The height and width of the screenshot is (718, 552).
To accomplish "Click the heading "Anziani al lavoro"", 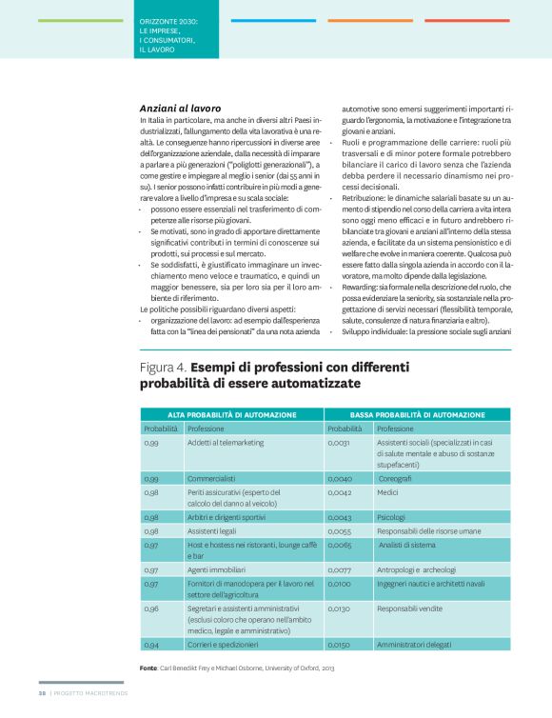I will pyautogui.click(x=181, y=109).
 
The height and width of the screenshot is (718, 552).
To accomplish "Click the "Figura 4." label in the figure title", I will pyautogui.click(x=163, y=366).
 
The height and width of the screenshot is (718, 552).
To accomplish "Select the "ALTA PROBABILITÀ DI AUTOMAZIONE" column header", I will pyautogui.click(x=232, y=415).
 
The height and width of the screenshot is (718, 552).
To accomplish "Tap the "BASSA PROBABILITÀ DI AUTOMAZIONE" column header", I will pyautogui.click(x=420, y=415).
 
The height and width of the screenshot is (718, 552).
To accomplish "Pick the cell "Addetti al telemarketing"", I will pyautogui.click(x=226, y=443).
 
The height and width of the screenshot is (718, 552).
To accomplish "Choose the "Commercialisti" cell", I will pyautogui.click(x=211, y=478).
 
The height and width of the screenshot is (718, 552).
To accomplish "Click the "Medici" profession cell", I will pyautogui.click(x=388, y=493).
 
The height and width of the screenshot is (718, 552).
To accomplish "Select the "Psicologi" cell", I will pyautogui.click(x=392, y=515).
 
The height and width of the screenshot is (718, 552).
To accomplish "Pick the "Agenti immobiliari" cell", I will pyautogui.click(x=216, y=568).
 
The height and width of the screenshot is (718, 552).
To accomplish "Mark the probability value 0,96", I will pyautogui.click(x=151, y=607).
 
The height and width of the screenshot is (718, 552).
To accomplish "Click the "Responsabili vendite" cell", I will pyautogui.click(x=411, y=607).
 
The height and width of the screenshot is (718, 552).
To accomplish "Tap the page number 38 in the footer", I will pyautogui.click(x=42, y=706).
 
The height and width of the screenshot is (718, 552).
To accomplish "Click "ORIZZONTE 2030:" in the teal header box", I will pyautogui.click(x=168, y=20).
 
